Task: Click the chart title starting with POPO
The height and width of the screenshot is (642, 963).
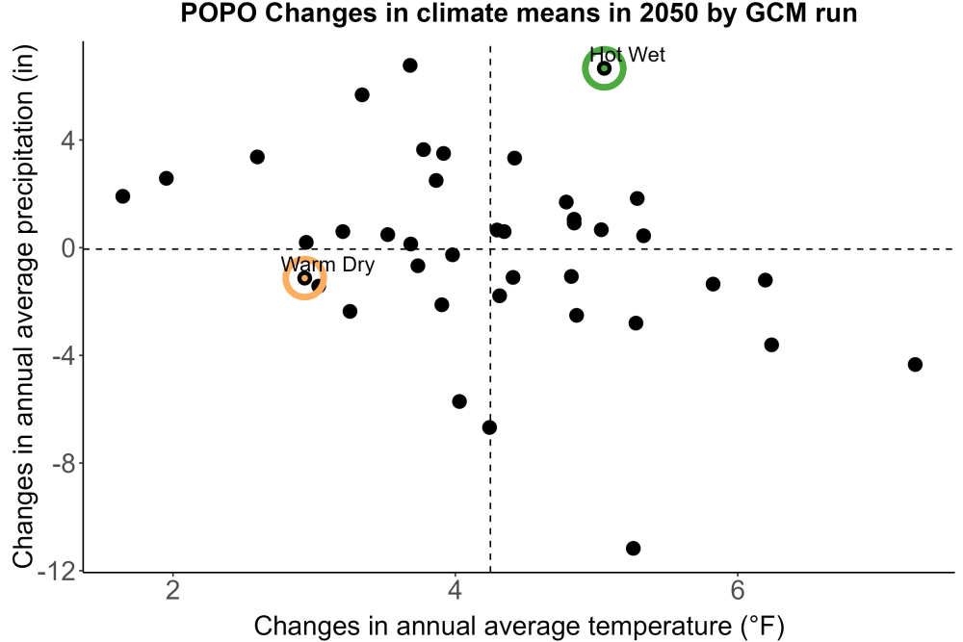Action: point(518,13)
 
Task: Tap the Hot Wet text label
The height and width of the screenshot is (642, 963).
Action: point(627,55)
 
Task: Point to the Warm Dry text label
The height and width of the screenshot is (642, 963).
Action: point(327,265)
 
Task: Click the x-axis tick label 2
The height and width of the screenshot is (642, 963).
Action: point(173,590)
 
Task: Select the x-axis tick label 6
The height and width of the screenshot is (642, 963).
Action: point(737,590)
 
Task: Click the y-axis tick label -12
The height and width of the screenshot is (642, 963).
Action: point(59,572)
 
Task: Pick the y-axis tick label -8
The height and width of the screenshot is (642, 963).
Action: point(65,464)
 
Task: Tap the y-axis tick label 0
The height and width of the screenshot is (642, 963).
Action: point(68,248)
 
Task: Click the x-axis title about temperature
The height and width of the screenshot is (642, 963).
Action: point(519,626)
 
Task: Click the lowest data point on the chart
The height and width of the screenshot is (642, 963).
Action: point(634,548)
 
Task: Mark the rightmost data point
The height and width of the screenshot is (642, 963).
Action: point(915,365)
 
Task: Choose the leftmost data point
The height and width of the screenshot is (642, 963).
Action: point(123,196)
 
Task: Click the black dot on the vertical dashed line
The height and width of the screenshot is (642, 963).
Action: point(489,427)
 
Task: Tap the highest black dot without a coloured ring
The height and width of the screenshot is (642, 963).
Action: point(410,65)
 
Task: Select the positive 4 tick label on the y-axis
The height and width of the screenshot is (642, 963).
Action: point(68,141)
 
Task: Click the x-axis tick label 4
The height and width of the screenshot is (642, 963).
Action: point(455,590)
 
